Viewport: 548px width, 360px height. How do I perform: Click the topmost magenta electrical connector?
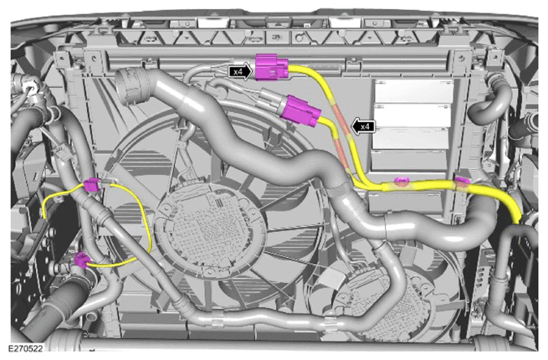[272, 67]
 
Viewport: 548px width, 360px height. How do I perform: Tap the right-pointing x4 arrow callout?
[240, 72]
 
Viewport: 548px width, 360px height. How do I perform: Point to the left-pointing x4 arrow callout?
[363, 126]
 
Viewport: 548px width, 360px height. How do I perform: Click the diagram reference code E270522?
[25, 349]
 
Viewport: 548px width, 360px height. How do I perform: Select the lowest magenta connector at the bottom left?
[81, 260]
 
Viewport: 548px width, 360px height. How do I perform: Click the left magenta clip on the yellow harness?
[402, 181]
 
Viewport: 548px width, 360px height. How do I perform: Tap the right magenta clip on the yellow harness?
[462, 181]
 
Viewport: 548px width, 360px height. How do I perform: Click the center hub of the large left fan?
[210, 227]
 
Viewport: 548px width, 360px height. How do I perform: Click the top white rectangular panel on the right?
[414, 90]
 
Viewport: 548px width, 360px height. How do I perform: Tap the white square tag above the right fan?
[331, 277]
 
